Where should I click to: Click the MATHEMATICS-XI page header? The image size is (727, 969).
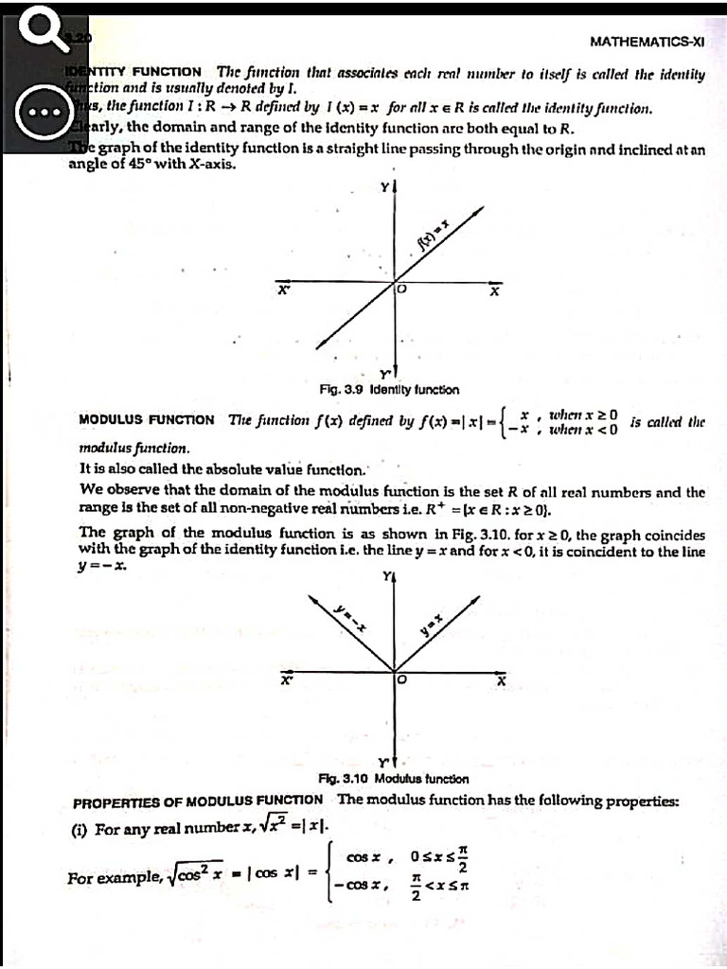point(647,43)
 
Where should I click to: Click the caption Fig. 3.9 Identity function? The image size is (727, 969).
point(389,389)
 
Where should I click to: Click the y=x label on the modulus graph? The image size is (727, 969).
point(433,622)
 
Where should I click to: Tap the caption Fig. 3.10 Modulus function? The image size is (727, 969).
point(395,779)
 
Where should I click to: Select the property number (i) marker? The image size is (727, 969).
point(82,829)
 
